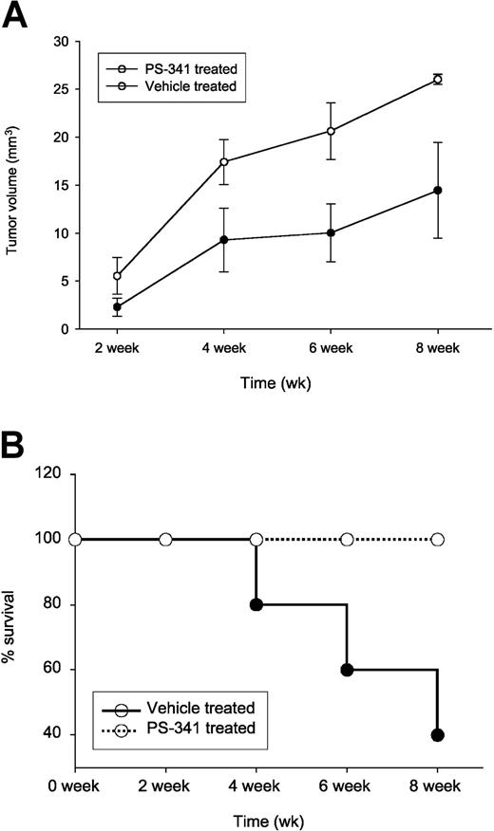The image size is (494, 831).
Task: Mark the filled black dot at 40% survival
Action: (x=437, y=735)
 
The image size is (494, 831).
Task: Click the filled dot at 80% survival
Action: (x=256, y=604)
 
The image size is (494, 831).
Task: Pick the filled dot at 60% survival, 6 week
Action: (x=347, y=670)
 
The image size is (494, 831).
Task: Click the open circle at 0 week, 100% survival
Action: (x=76, y=540)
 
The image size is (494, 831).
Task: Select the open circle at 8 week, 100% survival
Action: (x=437, y=540)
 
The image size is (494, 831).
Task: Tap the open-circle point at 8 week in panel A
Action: (x=437, y=79)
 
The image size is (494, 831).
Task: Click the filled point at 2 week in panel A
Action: (x=117, y=307)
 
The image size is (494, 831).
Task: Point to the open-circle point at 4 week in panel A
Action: (x=223, y=162)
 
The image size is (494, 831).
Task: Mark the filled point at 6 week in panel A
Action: (x=331, y=232)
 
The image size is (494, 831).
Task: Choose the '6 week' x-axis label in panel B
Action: (x=347, y=787)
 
